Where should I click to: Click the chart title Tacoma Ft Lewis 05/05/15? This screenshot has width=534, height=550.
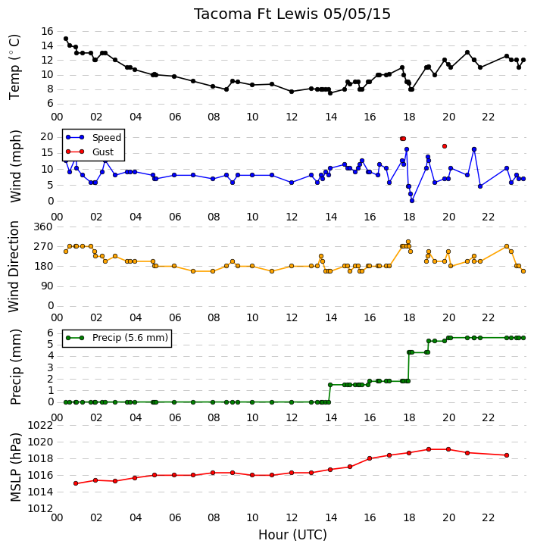pyautogui.click(x=292, y=14)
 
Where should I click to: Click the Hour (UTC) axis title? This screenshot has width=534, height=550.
pyautogui.click(x=292, y=535)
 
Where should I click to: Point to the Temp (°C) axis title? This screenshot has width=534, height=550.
pyautogui.click(x=14, y=67)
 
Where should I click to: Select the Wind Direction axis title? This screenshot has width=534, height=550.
pyautogui.click(x=14, y=267)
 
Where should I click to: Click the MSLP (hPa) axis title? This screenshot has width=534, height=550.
pyautogui.click(x=15, y=467)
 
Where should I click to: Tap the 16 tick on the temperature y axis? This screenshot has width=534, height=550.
pyautogui.click(x=47, y=31)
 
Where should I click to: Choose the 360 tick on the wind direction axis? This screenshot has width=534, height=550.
pyautogui.click(x=43, y=227)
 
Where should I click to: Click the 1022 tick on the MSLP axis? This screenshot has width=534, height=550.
pyautogui.click(x=40, y=425)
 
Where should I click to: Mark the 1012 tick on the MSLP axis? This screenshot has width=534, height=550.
pyautogui.click(x=40, y=508)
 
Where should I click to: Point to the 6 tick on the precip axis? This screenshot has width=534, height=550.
pyautogui.click(x=50, y=333)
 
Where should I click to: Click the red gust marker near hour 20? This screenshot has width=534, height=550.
pyautogui.click(x=445, y=146)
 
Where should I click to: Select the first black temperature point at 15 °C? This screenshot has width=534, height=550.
pyautogui.click(x=66, y=39)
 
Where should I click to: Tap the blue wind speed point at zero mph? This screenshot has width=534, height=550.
pyautogui.click(x=412, y=201)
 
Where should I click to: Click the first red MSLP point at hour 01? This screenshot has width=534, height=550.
pyautogui.click(x=76, y=483)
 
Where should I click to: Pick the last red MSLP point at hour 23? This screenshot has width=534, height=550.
pyautogui.click(x=507, y=455)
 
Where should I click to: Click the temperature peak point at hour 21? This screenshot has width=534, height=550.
pyautogui.click(x=467, y=52)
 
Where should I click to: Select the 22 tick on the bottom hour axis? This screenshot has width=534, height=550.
pyautogui.click(x=488, y=517)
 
